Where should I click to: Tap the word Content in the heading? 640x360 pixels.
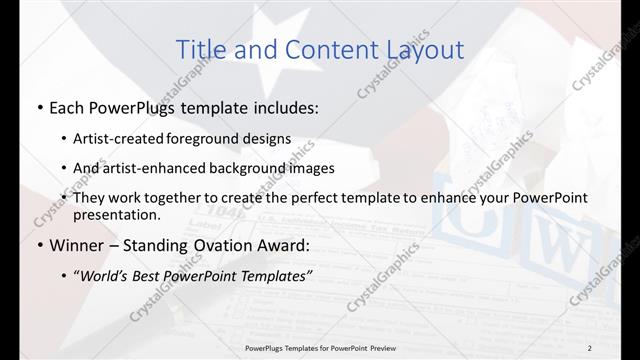(325, 49)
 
